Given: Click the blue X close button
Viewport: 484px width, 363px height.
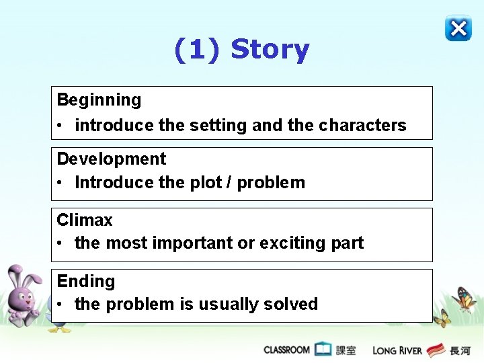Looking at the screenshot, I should click(458, 28).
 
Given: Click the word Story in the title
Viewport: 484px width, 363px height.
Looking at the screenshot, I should click(270, 50).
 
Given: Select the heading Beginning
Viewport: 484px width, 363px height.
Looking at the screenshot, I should click(99, 100).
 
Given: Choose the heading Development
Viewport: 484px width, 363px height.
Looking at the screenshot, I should click(111, 159).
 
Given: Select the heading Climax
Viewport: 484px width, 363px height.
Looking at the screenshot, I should click(85, 220).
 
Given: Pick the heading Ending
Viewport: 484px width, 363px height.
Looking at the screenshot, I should click(85, 281).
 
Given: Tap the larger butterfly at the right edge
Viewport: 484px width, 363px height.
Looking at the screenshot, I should click(465, 298).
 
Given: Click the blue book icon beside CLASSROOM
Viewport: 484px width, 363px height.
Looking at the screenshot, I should click(323, 350).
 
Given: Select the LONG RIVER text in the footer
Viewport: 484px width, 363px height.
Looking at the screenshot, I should click(397, 350).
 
